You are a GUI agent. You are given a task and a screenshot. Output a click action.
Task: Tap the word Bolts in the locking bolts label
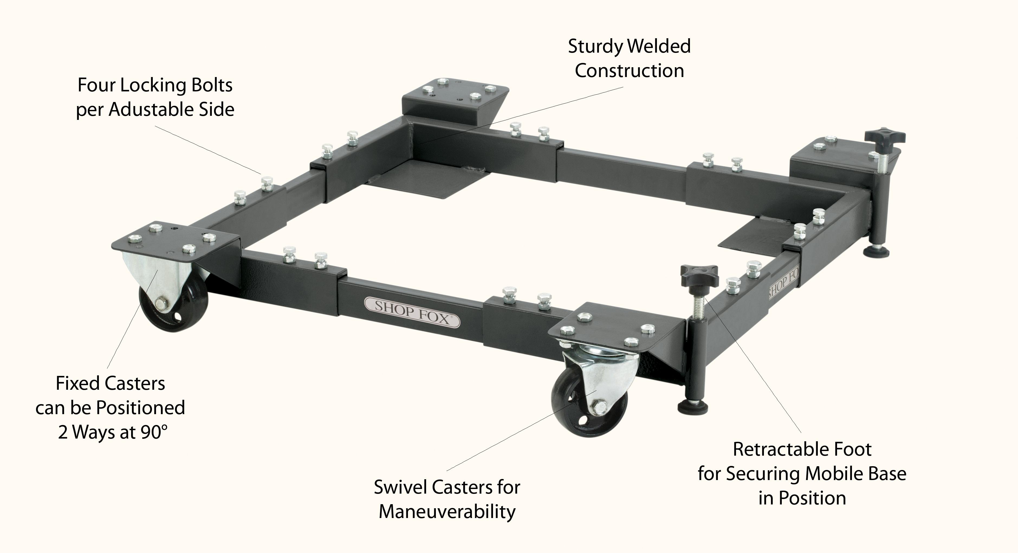pos(209,85)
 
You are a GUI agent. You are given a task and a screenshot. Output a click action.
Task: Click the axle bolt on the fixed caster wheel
pos(160,304)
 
